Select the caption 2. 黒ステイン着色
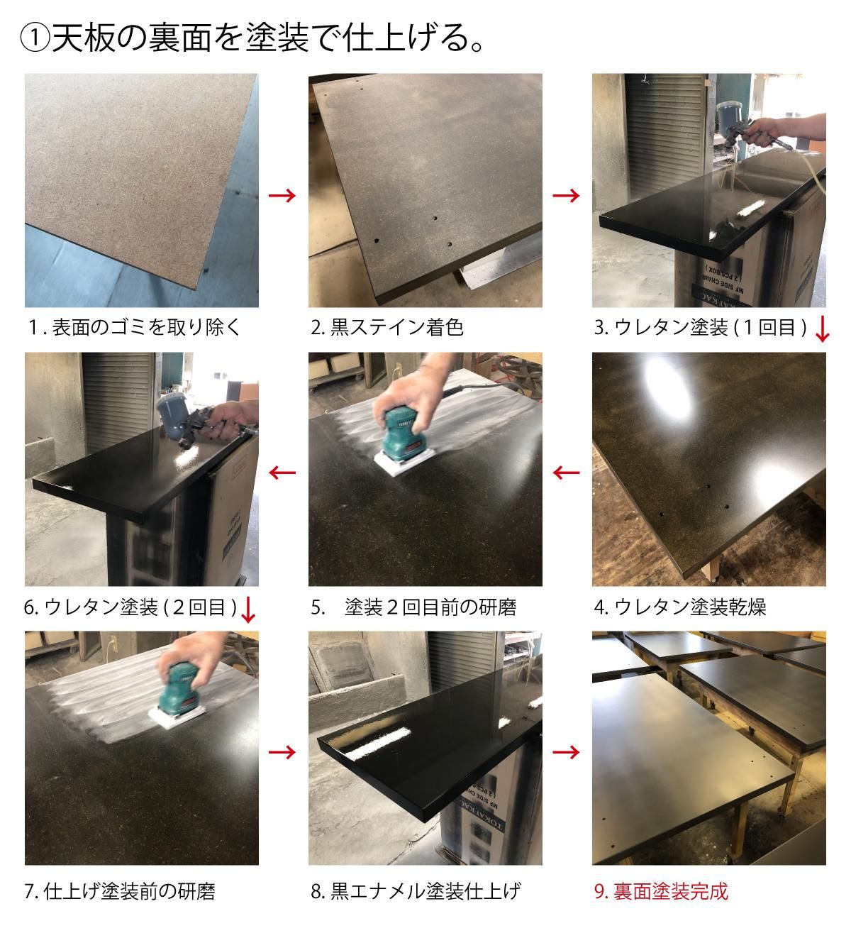click(386, 328)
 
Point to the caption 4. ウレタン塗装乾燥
click(679, 607)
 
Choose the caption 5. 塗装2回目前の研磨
click(413, 607)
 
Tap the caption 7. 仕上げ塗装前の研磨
click(119, 891)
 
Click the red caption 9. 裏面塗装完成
click(661, 891)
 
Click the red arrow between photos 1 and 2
click(282, 196)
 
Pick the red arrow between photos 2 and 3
click(566, 196)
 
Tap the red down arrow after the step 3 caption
click(821, 329)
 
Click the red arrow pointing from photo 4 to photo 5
click(566, 472)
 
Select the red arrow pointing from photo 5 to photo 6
click(282, 472)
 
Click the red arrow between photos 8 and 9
click(566, 751)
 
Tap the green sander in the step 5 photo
click(401, 434)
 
